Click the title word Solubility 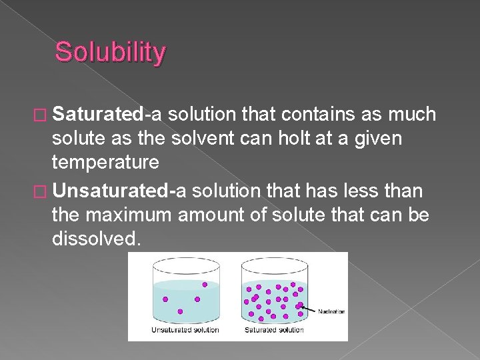click(x=110, y=53)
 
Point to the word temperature click(x=105, y=161)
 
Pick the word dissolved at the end click(x=96, y=239)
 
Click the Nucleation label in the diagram click(x=331, y=311)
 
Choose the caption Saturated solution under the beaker click(x=273, y=330)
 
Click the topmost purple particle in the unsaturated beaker click(x=205, y=285)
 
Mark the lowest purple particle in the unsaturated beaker click(x=180, y=311)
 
